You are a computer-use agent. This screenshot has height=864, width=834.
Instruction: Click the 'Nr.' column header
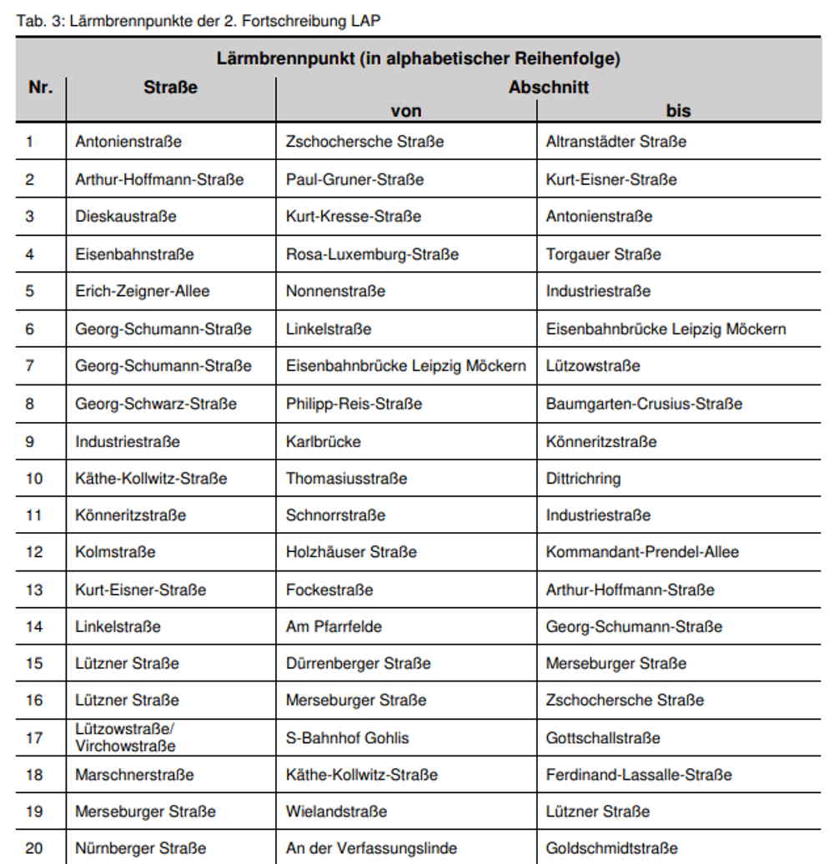tap(40, 87)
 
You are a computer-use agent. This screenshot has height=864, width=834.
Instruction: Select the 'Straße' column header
tap(170, 87)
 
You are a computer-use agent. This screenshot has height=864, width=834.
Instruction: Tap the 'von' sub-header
tap(406, 110)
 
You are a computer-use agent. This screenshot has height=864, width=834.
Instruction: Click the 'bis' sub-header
tap(678, 110)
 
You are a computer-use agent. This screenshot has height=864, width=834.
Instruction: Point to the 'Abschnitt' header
tap(549, 87)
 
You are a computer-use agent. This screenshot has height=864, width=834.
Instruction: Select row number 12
tap(33, 552)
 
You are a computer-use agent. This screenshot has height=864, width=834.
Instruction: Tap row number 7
tap(30, 365)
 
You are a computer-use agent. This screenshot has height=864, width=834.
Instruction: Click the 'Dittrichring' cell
tap(583, 479)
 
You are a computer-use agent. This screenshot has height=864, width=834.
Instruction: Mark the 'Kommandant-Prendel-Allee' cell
tap(642, 552)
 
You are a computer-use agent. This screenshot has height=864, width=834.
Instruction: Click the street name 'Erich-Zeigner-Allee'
tap(142, 291)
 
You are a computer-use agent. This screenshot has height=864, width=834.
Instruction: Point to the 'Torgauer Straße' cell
tap(603, 254)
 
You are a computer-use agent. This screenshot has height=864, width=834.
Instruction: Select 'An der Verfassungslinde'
tap(371, 848)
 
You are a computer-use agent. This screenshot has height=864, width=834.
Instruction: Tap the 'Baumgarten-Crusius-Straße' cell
tap(644, 404)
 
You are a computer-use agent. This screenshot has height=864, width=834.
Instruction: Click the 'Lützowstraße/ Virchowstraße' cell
tap(125, 737)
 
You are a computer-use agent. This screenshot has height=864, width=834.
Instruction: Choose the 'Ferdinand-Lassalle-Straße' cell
tap(639, 775)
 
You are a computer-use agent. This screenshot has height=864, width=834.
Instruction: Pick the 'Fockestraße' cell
tap(329, 590)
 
